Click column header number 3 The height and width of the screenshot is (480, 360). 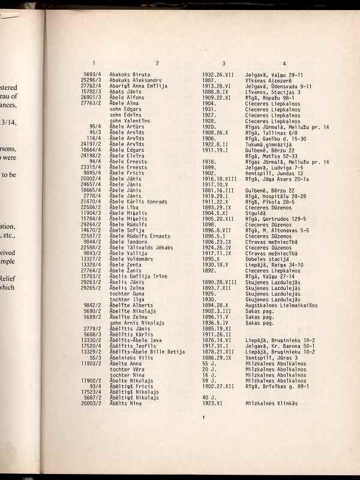tap(223, 63)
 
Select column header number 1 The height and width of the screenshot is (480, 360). tap(94, 63)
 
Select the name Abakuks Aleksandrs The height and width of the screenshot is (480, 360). tap(136, 80)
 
